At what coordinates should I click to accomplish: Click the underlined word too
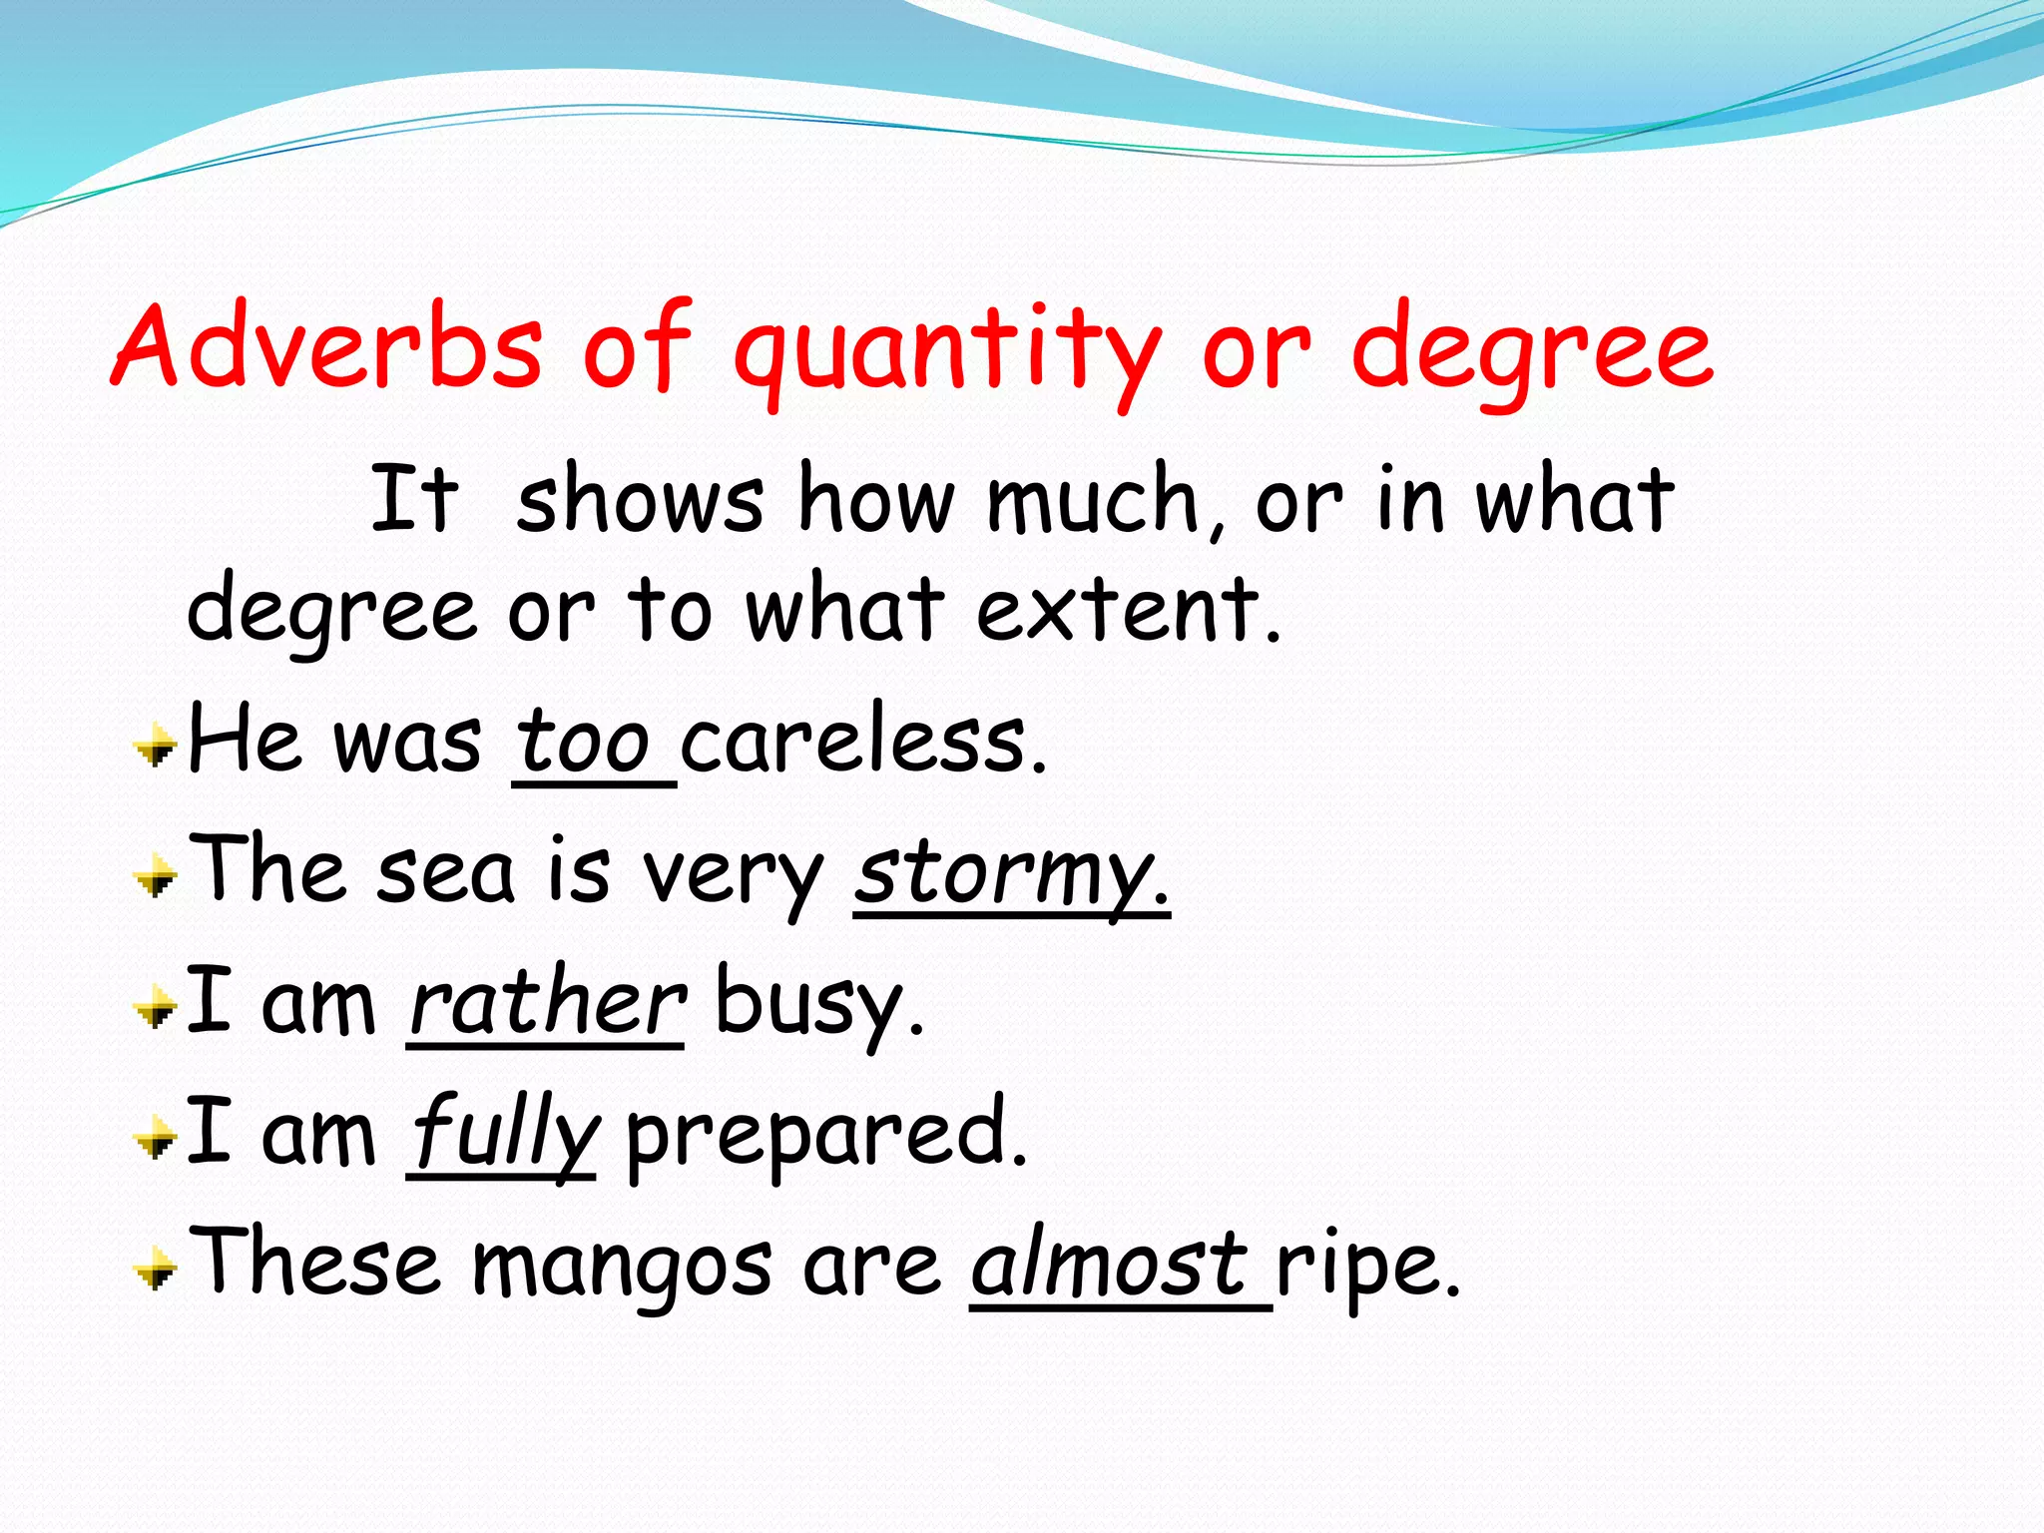584,744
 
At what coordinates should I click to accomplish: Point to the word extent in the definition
1128,609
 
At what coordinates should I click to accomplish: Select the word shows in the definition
640,499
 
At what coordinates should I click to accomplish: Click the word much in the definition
1094,499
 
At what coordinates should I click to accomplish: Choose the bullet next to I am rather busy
156,1008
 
